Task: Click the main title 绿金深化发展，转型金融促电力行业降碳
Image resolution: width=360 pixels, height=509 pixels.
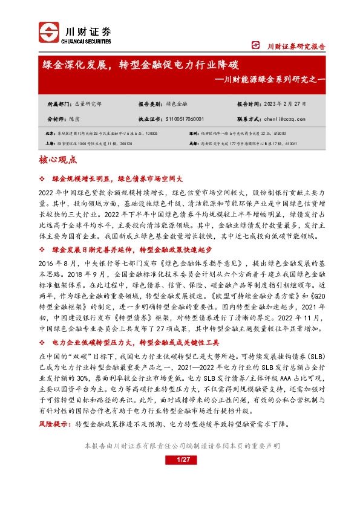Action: coord(140,64)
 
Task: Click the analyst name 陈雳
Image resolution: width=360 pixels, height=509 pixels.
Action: coord(74,119)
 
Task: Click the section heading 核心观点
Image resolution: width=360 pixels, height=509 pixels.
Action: coord(57,160)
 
